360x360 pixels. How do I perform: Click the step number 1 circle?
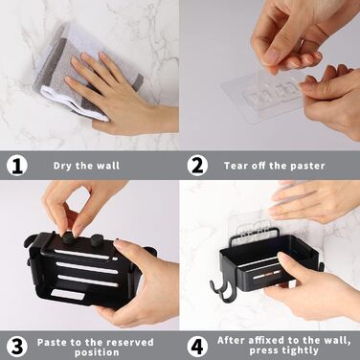17,166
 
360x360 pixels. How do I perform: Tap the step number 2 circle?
197,166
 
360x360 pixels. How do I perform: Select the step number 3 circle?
17,347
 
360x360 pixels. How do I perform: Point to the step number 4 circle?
197,347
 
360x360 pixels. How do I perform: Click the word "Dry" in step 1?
63,166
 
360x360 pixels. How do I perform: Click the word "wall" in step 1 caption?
108,166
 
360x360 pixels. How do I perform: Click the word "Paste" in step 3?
52,343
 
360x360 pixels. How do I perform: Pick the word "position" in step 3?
97,353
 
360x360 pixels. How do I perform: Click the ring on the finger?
302,42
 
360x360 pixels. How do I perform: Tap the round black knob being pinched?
69,238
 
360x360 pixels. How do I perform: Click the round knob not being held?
97,239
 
